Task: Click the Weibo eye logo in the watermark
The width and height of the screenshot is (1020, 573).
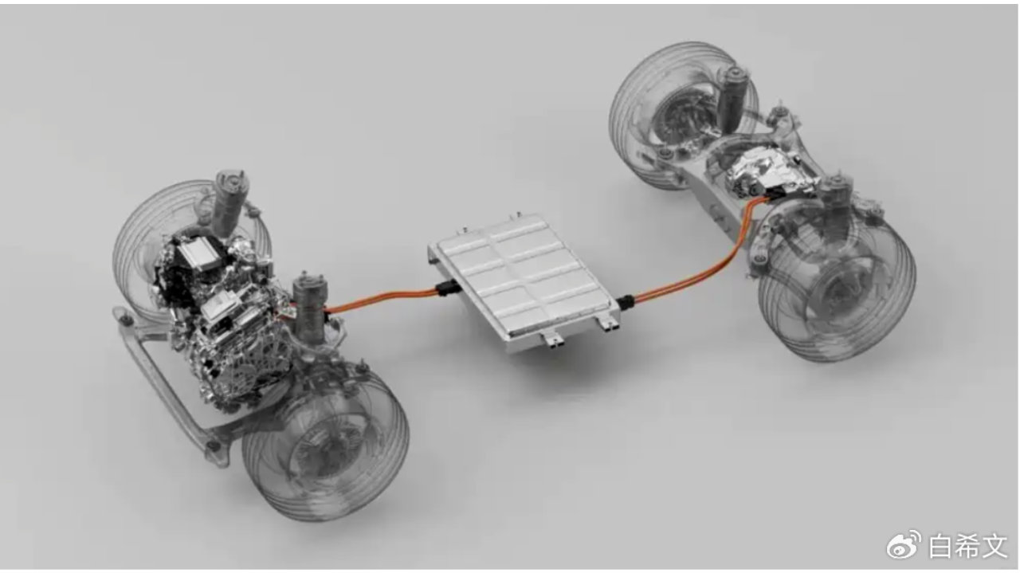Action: (x=904, y=545)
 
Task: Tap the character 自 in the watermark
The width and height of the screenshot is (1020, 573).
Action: (x=940, y=546)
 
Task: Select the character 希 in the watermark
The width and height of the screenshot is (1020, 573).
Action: (x=967, y=546)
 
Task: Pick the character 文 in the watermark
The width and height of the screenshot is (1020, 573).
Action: (x=994, y=546)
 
